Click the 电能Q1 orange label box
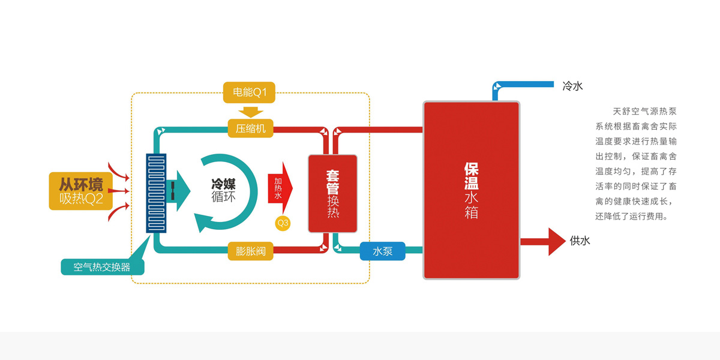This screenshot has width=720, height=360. (x=249, y=92)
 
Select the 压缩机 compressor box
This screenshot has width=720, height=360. (x=250, y=128)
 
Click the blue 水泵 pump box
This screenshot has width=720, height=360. (x=382, y=251)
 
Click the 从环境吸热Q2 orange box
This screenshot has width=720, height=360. (x=81, y=191)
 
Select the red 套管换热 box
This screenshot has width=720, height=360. (x=333, y=193)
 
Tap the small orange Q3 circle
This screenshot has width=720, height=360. (x=283, y=223)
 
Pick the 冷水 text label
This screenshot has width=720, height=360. (x=572, y=86)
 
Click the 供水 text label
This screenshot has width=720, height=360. (x=580, y=241)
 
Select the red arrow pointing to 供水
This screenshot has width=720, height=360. (x=542, y=242)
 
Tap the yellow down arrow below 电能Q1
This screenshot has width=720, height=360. (x=250, y=112)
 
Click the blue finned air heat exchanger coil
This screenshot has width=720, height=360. (x=157, y=193)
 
